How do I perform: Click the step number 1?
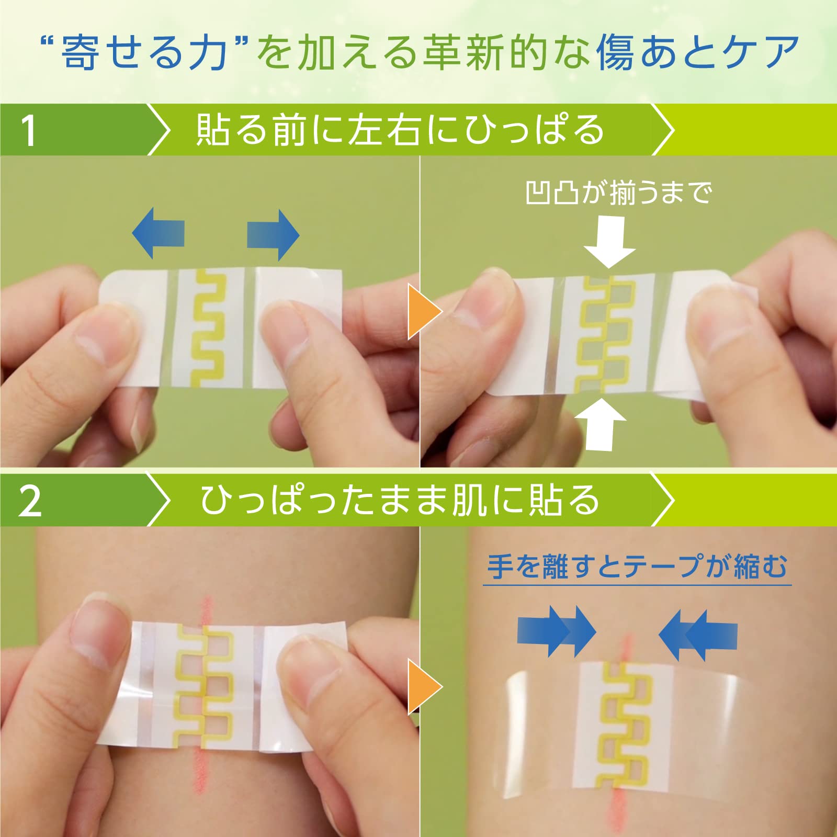(29, 130)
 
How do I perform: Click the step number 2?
(30, 501)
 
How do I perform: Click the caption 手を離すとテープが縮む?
(637, 567)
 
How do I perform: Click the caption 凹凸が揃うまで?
(618, 193)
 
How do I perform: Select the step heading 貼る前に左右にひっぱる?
(400, 130)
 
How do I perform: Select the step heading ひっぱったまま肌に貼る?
(400, 500)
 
